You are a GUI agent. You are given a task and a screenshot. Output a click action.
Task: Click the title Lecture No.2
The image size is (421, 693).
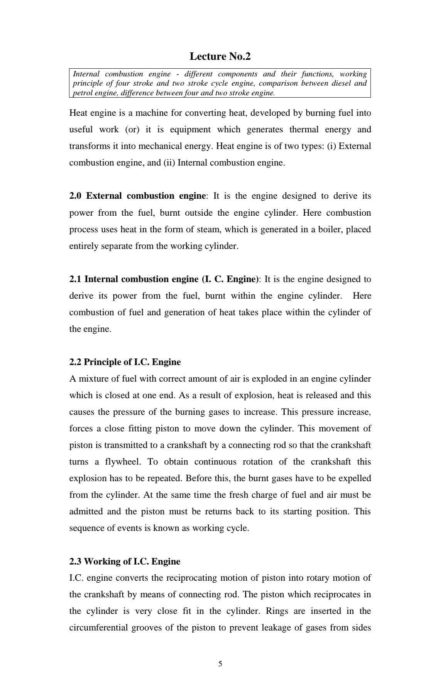click(x=220, y=56)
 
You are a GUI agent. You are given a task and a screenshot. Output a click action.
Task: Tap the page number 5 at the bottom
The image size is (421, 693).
click(x=220, y=664)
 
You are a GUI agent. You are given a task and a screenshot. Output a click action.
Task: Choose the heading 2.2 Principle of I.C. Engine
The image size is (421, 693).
click(x=125, y=362)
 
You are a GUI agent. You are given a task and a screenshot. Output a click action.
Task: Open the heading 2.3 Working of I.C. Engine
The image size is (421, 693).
click(x=125, y=561)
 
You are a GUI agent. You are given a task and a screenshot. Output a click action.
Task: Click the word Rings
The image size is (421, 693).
click(x=277, y=611)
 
